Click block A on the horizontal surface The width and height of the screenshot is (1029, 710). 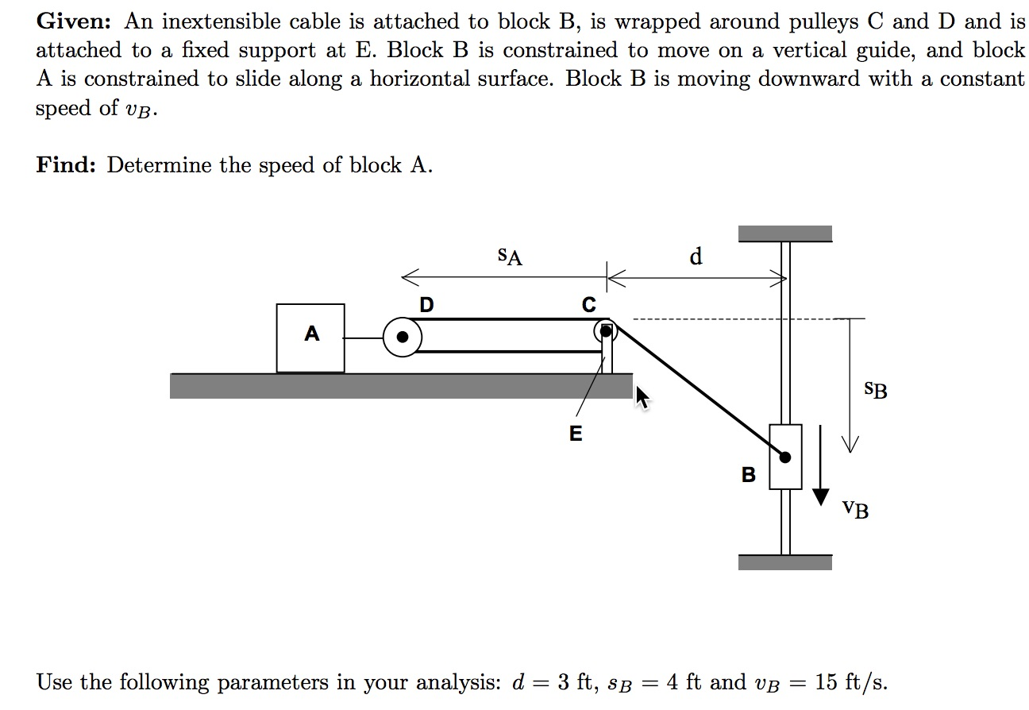(310, 338)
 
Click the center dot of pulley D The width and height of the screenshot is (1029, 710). (403, 338)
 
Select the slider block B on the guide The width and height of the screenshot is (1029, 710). (785, 457)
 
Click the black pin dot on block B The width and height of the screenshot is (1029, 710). (785, 457)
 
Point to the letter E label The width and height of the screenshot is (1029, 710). (576, 434)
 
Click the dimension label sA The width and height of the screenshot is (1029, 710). (509, 256)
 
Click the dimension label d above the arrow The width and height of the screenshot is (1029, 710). (696, 256)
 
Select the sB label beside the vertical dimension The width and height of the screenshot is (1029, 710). (876, 390)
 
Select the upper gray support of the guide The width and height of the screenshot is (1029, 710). (784, 233)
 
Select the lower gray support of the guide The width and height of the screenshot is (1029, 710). (784, 562)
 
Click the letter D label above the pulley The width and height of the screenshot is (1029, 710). (426, 304)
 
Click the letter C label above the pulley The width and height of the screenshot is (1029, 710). (588, 304)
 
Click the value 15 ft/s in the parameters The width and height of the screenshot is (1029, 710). (850, 682)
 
